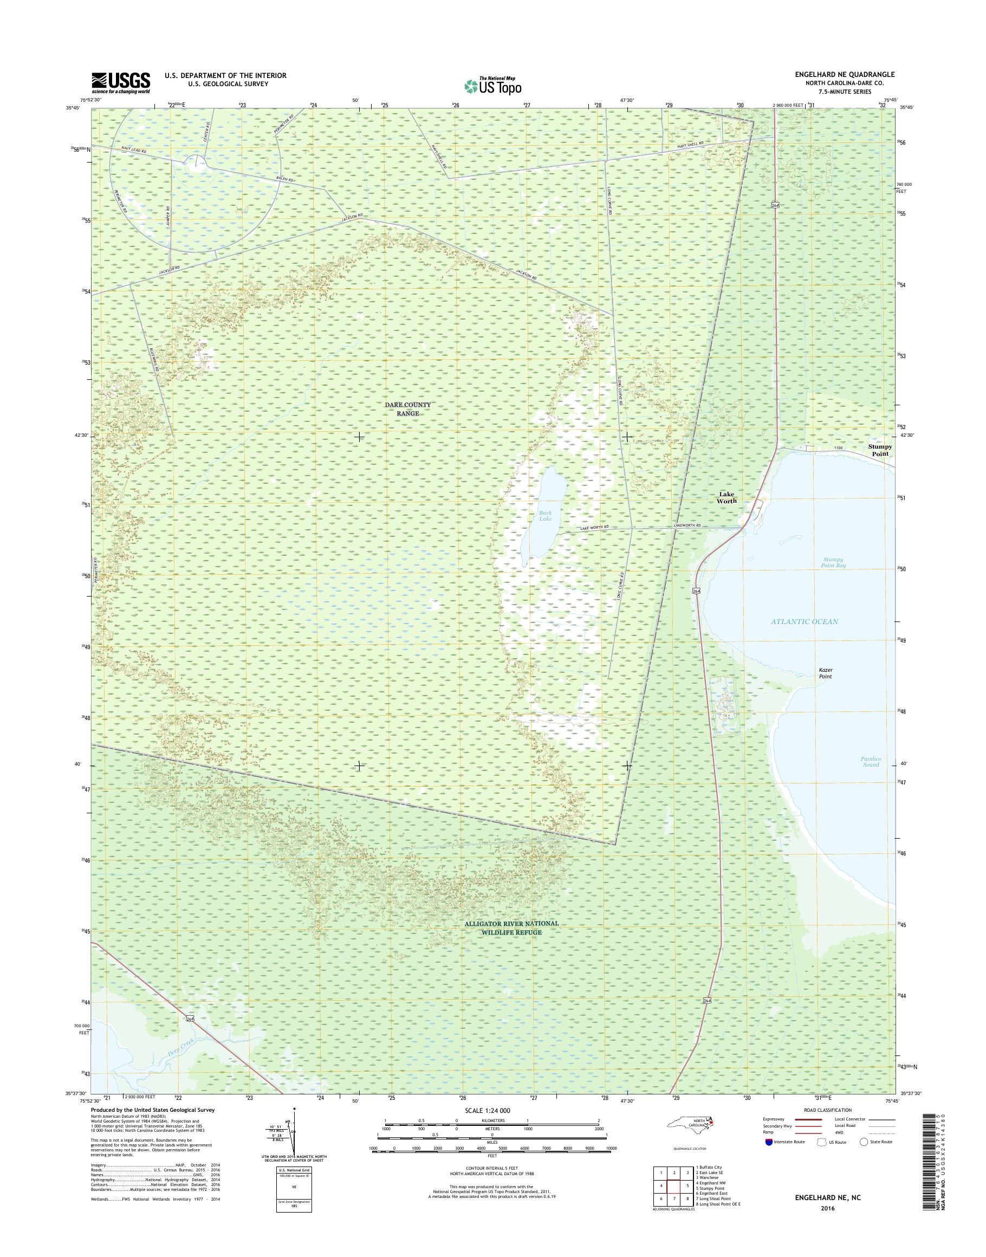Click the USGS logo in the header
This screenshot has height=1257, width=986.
click(121, 82)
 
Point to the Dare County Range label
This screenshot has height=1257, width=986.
click(407, 410)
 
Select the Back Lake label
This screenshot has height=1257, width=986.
click(546, 516)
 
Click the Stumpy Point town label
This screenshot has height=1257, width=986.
click(880, 450)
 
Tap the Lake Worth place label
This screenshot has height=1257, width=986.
click(727, 498)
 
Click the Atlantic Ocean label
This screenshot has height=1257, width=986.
click(805, 621)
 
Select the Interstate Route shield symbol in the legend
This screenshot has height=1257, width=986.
click(769, 1142)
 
